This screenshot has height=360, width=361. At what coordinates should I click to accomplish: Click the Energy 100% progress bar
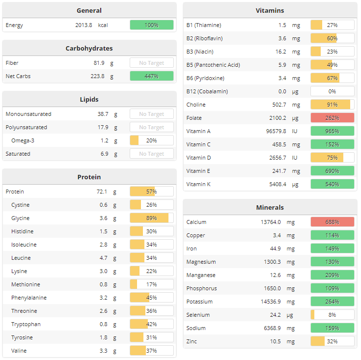click(x=151, y=25)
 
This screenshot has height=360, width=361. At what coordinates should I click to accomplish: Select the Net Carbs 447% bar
click(x=151, y=76)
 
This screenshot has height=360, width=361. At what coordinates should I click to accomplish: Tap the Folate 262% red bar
click(x=332, y=118)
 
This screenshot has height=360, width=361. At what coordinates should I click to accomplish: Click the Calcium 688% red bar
click(x=332, y=222)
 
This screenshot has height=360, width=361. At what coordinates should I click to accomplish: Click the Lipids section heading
click(x=89, y=99)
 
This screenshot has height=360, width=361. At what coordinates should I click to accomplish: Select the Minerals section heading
click(x=270, y=207)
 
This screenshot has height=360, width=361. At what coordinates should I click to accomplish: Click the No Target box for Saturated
click(x=151, y=154)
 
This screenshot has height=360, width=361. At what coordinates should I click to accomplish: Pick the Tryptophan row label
click(x=26, y=324)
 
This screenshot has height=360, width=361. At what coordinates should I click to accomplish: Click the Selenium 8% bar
click(x=332, y=315)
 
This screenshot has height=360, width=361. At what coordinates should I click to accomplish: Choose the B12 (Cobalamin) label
click(x=207, y=91)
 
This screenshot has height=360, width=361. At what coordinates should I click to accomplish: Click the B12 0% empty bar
click(x=332, y=91)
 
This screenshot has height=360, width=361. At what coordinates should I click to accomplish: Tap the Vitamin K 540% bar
click(x=332, y=184)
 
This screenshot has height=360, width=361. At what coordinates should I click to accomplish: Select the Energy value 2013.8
click(x=83, y=25)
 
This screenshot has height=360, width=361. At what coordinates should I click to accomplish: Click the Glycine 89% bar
click(x=151, y=218)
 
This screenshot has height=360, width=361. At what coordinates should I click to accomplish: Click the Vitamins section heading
click(x=270, y=10)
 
